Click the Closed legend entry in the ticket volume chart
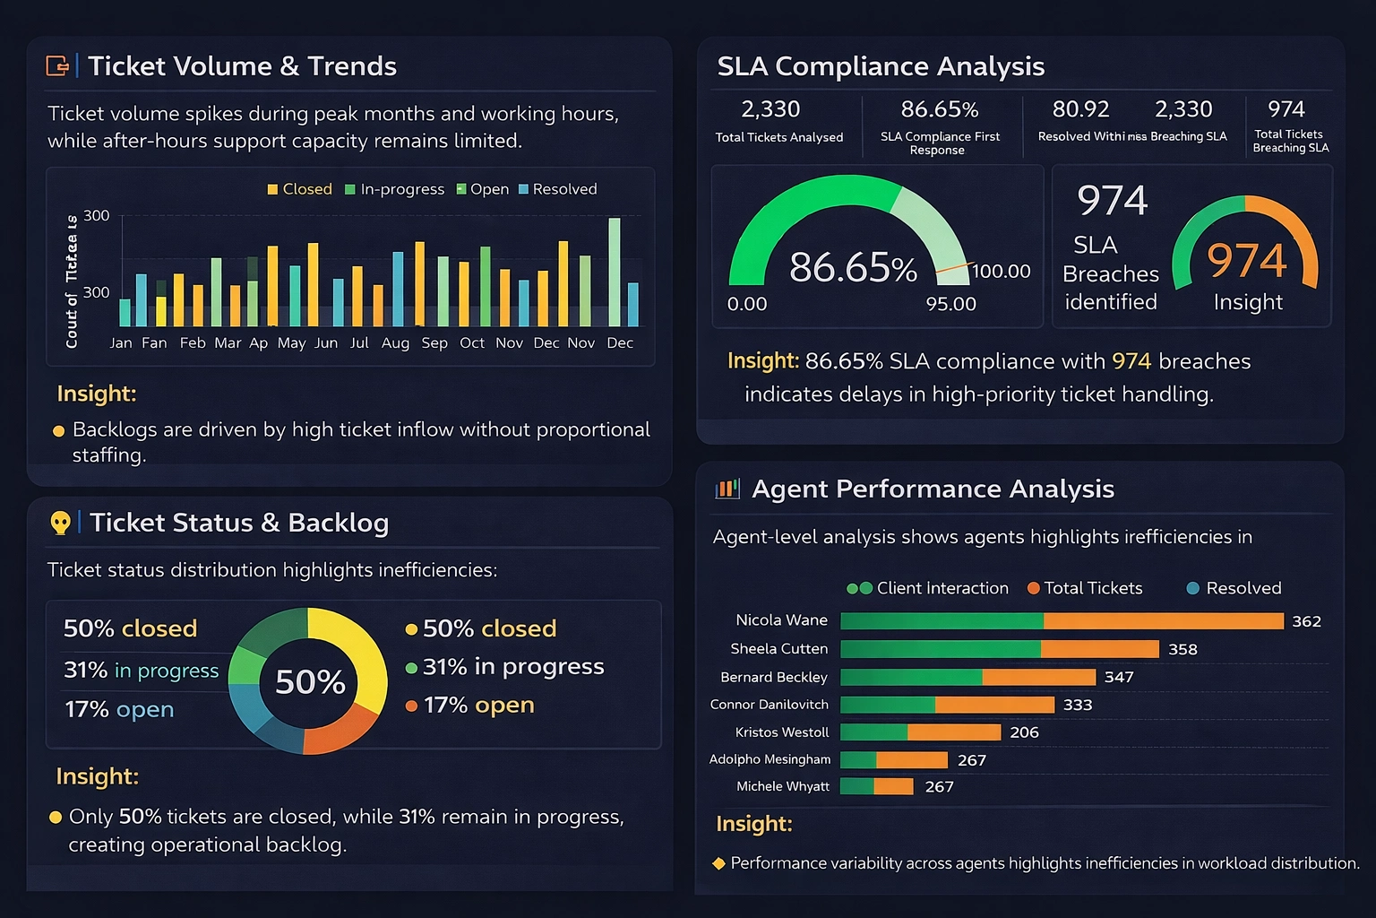coord(299,189)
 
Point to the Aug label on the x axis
coord(395,342)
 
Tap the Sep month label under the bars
coord(434,342)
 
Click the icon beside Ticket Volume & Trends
coord(57,65)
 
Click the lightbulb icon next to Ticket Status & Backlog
coord(60,523)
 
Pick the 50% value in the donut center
coord(310,682)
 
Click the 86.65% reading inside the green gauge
coord(852,267)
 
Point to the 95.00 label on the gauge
coord(950,304)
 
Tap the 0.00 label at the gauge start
coord(747,304)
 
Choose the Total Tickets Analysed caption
coord(779,137)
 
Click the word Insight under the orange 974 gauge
coord(1248,302)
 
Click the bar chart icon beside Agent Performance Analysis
coord(727,489)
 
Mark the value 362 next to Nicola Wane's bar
coord(1306,621)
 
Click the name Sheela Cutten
coord(778,648)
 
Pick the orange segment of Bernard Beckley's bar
coord(1038,677)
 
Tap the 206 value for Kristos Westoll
coord(1024,732)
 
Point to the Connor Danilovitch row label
coord(769,705)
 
